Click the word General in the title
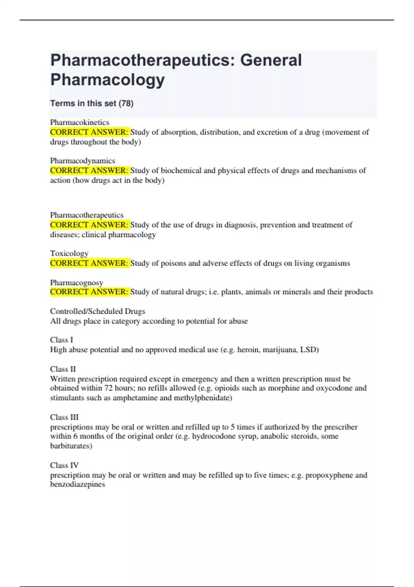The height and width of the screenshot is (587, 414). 271,60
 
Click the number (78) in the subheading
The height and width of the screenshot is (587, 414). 126,103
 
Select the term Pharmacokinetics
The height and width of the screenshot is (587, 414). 80,122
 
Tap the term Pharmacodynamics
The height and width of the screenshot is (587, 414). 82,161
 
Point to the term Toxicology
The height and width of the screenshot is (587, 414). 69,253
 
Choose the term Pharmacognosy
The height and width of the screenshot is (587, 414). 77,282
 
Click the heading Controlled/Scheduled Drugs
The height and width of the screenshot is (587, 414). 98,311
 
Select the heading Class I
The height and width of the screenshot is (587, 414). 61,340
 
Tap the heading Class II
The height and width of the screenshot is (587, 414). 63,369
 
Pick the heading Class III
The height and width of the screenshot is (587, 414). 64,417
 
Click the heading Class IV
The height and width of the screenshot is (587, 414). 64,465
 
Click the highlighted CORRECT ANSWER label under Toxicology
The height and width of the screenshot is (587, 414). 89,263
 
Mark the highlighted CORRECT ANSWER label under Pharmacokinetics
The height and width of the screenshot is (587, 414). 89,132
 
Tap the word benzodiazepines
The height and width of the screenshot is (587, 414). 78,484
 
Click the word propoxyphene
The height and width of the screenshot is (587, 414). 329,475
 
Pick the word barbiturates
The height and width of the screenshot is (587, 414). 71,446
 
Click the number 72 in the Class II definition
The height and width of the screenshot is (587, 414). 108,388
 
